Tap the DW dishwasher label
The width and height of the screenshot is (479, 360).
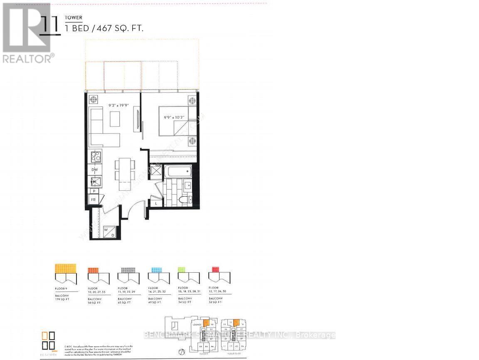95,170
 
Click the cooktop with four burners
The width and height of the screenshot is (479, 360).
96,157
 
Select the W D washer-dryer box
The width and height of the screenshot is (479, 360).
109,232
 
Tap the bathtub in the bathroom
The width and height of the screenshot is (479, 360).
177,170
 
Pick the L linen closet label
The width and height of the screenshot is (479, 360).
156,203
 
